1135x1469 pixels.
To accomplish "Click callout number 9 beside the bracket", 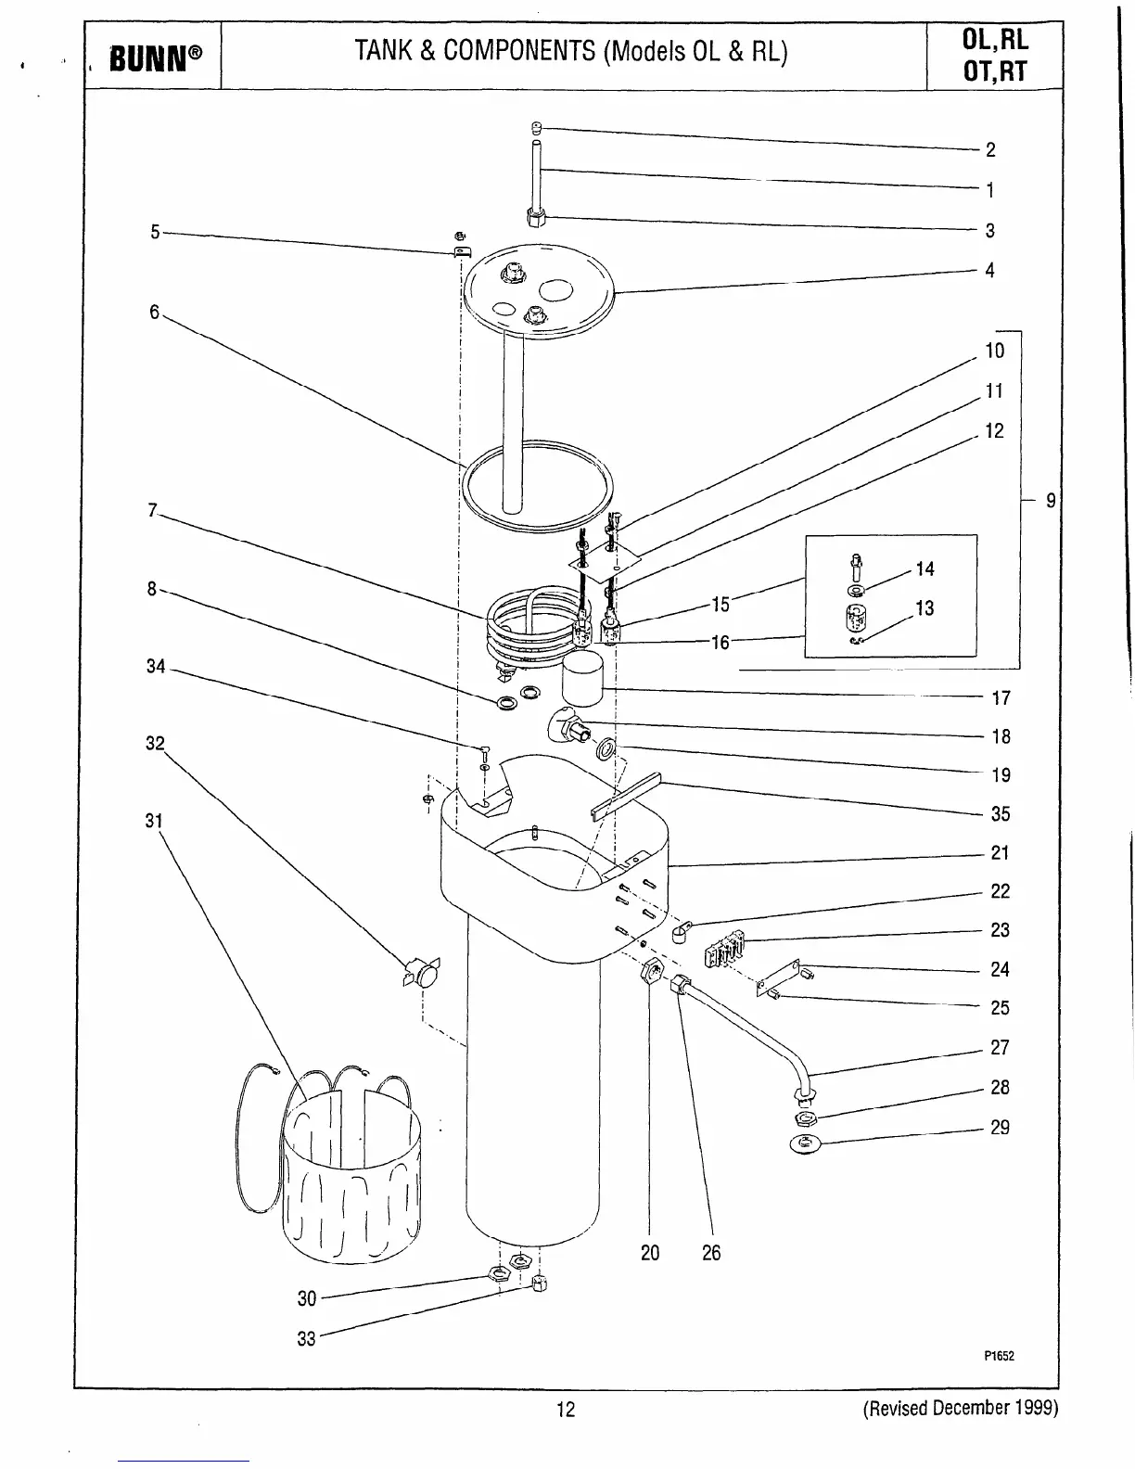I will [x=1050, y=501].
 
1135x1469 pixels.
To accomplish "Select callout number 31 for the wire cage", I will [x=154, y=821].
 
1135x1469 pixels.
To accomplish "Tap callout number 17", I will [x=1001, y=698].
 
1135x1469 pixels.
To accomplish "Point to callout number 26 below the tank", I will [x=710, y=1253].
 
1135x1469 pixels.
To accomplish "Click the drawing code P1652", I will [x=999, y=1356].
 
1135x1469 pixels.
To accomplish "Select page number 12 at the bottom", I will [x=566, y=1410].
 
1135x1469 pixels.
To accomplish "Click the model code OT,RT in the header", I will [x=995, y=71].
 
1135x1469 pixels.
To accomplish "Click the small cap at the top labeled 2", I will [x=537, y=127].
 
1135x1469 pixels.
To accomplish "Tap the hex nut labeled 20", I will [x=651, y=973].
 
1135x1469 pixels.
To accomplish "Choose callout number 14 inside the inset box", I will [x=925, y=569].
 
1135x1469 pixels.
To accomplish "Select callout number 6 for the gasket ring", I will [x=154, y=312].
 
